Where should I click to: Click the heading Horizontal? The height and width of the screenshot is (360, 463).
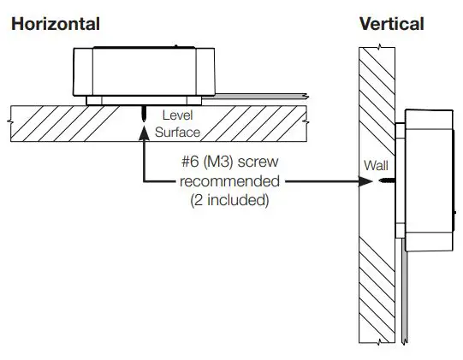tap(55, 24)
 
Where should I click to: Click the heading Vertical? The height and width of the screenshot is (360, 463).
tap(391, 24)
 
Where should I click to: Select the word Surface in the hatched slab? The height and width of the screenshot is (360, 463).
tap(177, 133)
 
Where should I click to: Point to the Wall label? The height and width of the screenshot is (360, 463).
tap(375, 163)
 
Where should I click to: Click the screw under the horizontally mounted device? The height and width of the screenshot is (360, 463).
tap(144, 113)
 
